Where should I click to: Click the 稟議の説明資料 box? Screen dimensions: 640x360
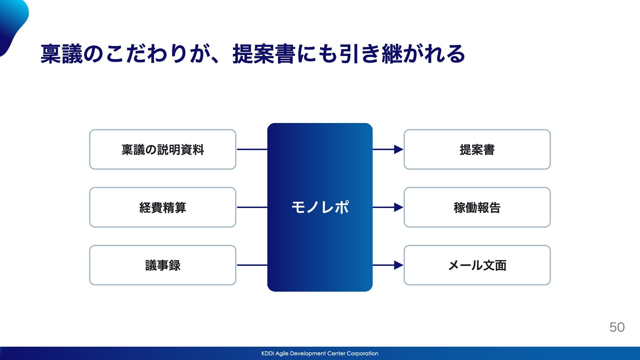(x=163, y=149)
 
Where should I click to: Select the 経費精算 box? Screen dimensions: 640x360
(x=163, y=207)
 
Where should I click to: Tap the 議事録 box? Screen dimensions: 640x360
(x=163, y=265)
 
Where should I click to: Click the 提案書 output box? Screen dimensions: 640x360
(x=477, y=149)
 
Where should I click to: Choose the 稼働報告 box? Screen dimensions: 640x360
(x=477, y=207)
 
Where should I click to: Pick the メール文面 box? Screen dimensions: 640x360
(x=477, y=265)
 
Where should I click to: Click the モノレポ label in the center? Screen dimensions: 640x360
(x=320, y=207)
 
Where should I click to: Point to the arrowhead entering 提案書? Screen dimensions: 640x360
(x=399, y=149)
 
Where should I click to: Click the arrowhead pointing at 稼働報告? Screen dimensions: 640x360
(x=399, y=207)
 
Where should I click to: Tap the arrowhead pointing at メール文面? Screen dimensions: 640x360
(x=399, y=265)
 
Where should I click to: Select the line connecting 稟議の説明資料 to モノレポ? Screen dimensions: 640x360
(x=252, y=149)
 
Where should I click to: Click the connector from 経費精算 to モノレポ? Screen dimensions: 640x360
(x=252, y=207)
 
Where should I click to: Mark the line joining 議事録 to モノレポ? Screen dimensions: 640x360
(x=252, y=265)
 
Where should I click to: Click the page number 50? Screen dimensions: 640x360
(x=617, y=327)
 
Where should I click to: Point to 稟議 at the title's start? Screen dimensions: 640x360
(x=62, y=54)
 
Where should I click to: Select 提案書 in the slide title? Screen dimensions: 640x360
(x=264, y=54)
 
